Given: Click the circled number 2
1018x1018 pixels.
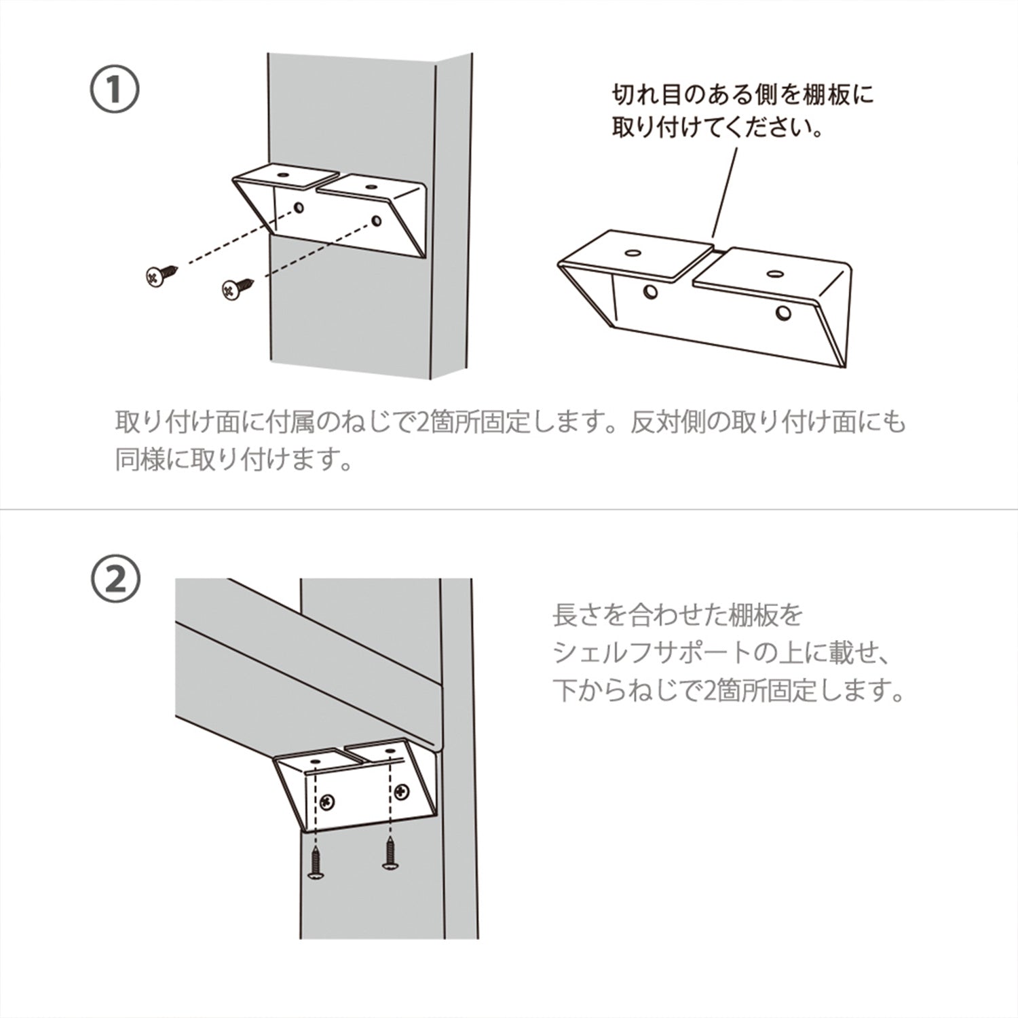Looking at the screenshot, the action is (115, 581).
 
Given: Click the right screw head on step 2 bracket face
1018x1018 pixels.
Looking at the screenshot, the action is (402, 791).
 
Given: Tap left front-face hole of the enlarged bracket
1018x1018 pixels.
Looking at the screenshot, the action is (651, 293).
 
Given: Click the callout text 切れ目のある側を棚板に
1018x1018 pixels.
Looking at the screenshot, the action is (742, 94).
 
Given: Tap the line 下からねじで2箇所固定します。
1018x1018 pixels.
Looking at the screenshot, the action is (729, 692).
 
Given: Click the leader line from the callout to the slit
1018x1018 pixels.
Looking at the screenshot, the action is (725, 193).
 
